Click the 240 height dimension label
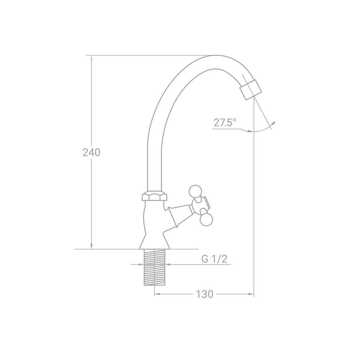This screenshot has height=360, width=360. pyautogui.click(x=91, y=152)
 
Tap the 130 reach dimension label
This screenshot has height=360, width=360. pyautogui.click(x=204, y=294)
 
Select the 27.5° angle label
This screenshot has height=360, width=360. pyautogui.click(x=225, y=123)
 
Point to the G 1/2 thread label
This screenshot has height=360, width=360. pyautogui.click(x=215, y=259)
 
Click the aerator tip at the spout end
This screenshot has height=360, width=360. pyautogui.click(x=251, y=90)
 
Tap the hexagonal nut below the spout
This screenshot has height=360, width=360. pyautogui.click(x=154, y=196)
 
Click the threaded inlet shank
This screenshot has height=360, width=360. pyautogui.click(x=154, y=267)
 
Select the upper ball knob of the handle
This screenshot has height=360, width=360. pyautogui.click(x=195, y=191)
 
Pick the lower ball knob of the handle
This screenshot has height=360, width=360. pyautogui.click(x=206, y=219)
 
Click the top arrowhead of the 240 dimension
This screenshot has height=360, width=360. pyautogui.click(x=91, y=58)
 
